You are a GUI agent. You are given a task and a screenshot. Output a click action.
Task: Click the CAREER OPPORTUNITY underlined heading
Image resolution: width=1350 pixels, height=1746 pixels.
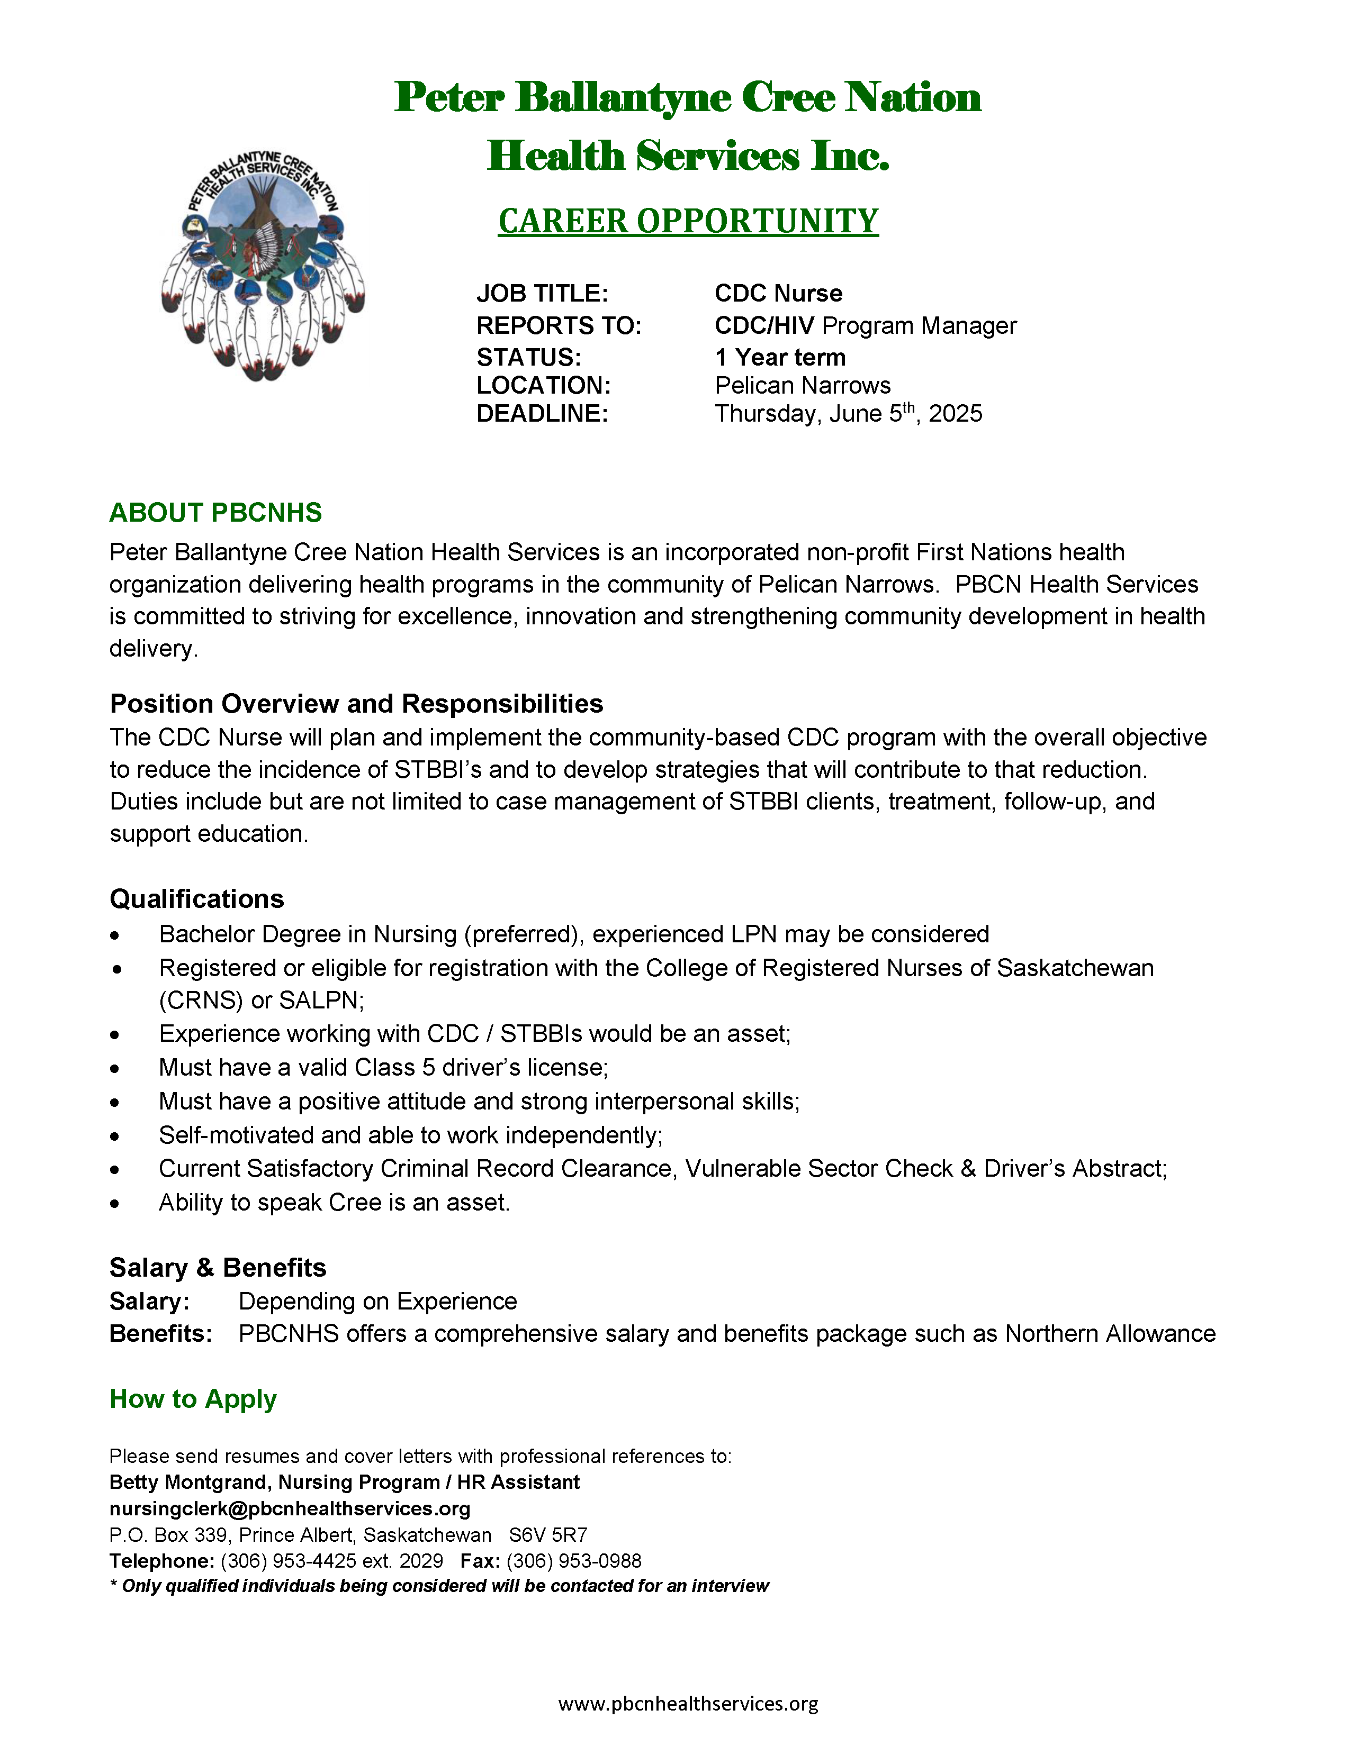pyautogui.click(x=688, y=222)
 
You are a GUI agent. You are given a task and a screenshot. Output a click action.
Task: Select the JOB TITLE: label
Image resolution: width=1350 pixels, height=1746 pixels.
pyautogui.click(x=542, y=294)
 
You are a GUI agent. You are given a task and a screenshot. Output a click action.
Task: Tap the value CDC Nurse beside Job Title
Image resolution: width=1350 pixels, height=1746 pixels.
pyautogui.click(x=778, y=294)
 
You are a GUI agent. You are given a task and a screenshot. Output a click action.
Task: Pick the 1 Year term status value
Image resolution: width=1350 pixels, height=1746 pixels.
pyautogui.click(x=780, y=357)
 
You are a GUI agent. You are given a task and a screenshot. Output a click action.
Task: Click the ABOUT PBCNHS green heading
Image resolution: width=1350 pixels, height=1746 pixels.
pyautogui.click(x=215, y=513)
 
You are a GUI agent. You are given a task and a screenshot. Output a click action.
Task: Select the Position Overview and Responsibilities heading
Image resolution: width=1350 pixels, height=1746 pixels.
pyautogui.click(x=356, y=704)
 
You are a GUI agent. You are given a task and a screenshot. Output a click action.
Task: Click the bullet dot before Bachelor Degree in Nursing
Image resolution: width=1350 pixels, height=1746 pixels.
pyautogui.click(x=115, y=935)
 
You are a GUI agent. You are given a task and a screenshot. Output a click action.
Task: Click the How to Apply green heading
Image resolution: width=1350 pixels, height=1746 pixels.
pyautogui.click(x=193, y=1399)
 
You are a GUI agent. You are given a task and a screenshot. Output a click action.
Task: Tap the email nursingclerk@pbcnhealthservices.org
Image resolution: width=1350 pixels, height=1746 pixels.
pyautogui.click(x=290, y=1508)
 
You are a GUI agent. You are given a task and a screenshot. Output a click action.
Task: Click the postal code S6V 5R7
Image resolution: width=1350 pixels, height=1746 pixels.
pyautogui.click(x=548, y=1535)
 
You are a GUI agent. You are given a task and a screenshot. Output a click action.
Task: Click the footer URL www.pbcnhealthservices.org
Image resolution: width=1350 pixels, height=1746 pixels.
pyautogui.click(x=688, y=1704)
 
